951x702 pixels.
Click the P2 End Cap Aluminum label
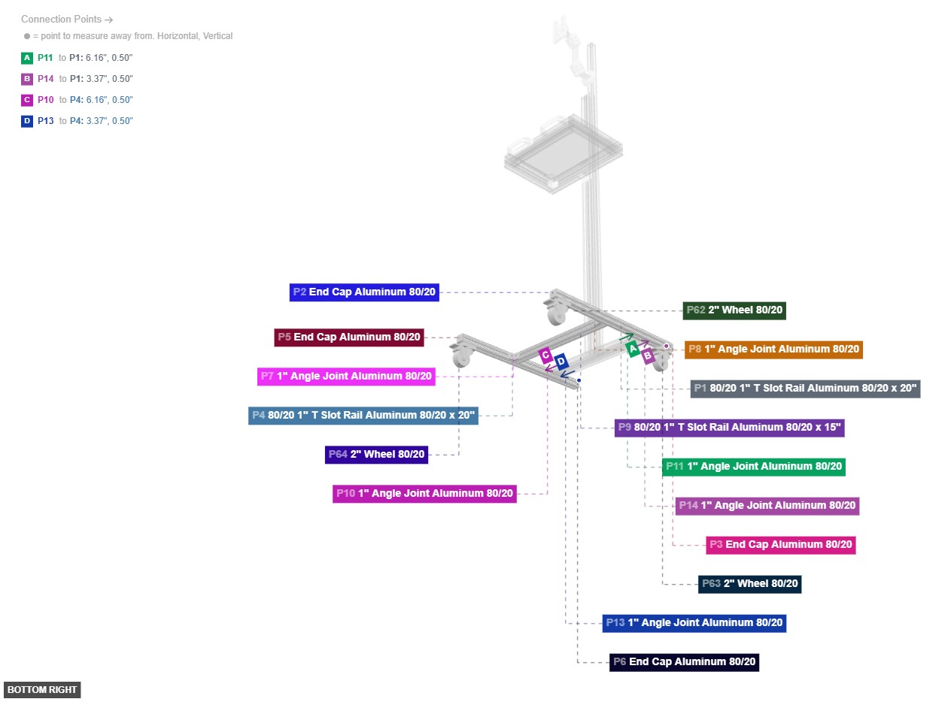click(364, 292)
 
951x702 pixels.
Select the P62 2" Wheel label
click(734, 310)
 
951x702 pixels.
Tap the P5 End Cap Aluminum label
click(349, 337)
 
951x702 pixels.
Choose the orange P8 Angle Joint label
click(773, 349)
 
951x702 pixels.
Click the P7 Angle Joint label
click(347, 377)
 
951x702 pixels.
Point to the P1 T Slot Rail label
click(805, 389)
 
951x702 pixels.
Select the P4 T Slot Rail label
click(363, 416)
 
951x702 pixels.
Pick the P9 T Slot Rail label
click(729, 428)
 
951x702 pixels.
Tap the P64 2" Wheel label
click(377, 455)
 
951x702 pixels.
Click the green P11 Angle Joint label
click(753, 467)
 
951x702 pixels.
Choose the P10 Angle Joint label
click(424, 494)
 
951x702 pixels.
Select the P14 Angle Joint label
click(767, 506)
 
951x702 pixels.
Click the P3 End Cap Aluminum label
click(781, 545)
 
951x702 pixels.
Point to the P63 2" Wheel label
click(749, 584)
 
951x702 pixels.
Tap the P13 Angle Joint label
click(694, 623)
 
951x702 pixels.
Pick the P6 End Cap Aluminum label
click(684, 662)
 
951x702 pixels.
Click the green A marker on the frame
click(633, 349)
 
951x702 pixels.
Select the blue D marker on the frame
click(561, 362)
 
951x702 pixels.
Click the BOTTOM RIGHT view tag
click(42, 690)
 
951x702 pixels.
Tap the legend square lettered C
click(27, 100)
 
